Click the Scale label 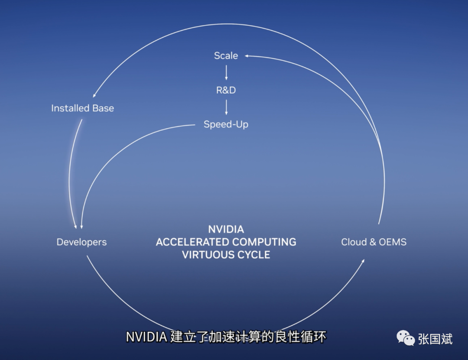click(x=226, y=55)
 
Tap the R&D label click(x=226, y=90)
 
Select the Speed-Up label click(x=226, y=124)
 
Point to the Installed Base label click(x=82, y=108)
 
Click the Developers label click(x=81, y=242)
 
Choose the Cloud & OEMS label click(x=374, y=242)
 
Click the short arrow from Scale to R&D click(x=226, y=72)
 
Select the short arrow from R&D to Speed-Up click(x=226, y=107)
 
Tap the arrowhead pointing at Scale click(x=247, y=56)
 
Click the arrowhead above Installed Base click(x=94, y=95)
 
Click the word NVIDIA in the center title click(x=226, y=229)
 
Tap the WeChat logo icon click(x=405, y=338)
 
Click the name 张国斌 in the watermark click(x=435, y=339)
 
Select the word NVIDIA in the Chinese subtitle click(x=146, y=337)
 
